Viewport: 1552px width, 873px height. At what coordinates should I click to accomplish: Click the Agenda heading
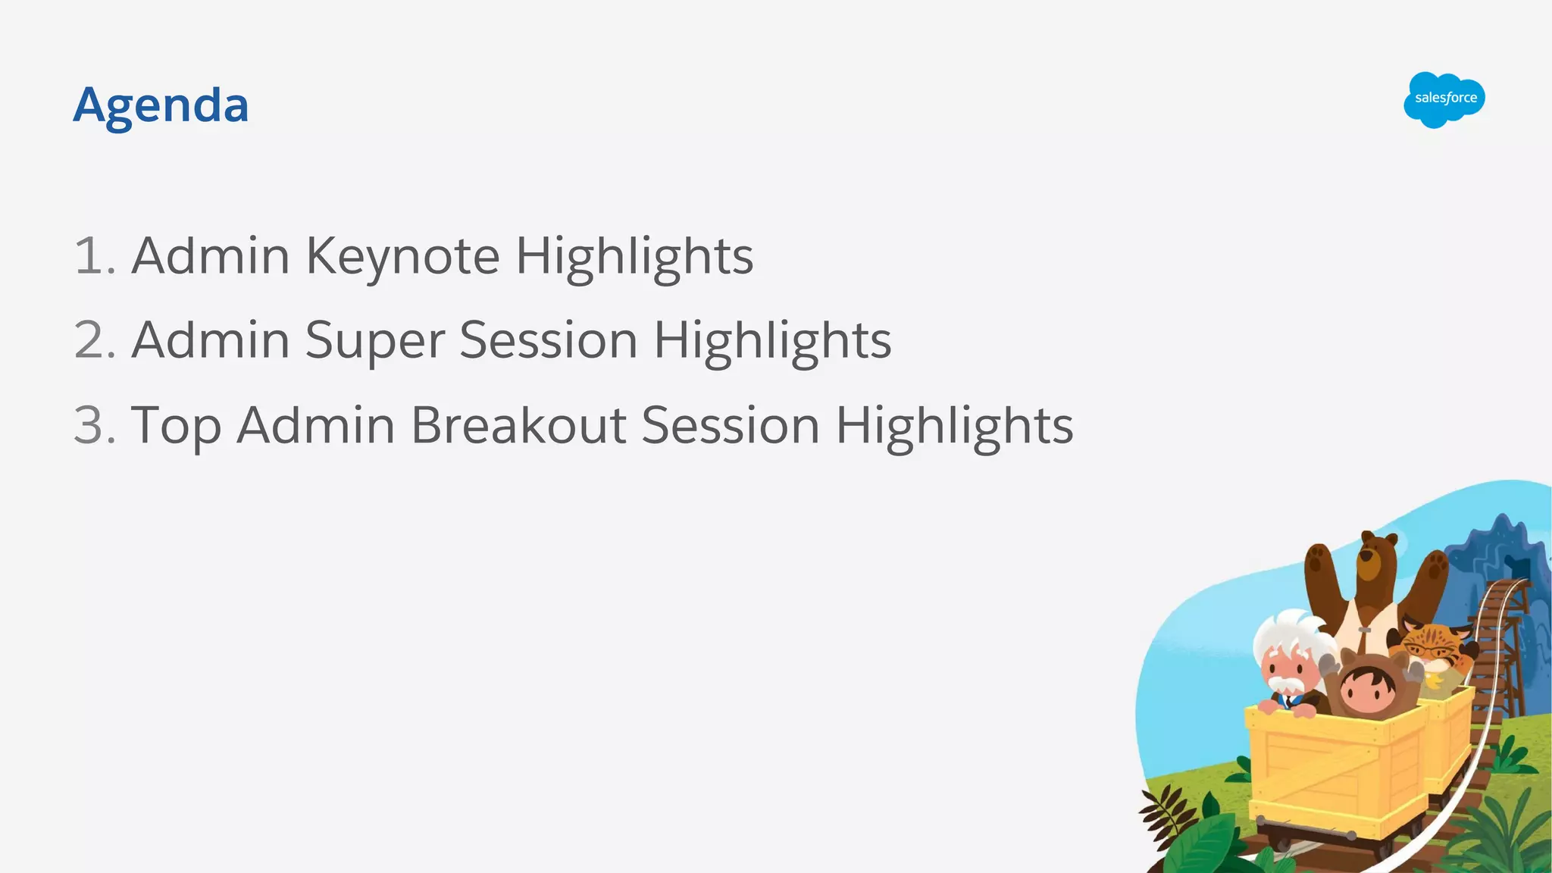(161, 105)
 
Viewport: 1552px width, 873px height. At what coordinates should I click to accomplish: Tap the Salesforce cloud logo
(1444, 99)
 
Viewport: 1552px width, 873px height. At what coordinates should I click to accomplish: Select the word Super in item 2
(374, 340)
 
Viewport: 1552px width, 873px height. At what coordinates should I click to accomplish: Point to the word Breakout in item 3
(518, 425)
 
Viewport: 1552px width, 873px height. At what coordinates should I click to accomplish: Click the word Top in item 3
(176, 425)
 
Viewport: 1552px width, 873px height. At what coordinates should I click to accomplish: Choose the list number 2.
(92, 340)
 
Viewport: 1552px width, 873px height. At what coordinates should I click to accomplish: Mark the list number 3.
(92, 425)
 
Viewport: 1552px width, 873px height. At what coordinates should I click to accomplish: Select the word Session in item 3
(731, 425)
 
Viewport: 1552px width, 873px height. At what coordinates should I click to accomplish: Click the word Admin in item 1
(211, 256)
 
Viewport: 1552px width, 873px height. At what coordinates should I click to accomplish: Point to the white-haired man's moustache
(1286, 686)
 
